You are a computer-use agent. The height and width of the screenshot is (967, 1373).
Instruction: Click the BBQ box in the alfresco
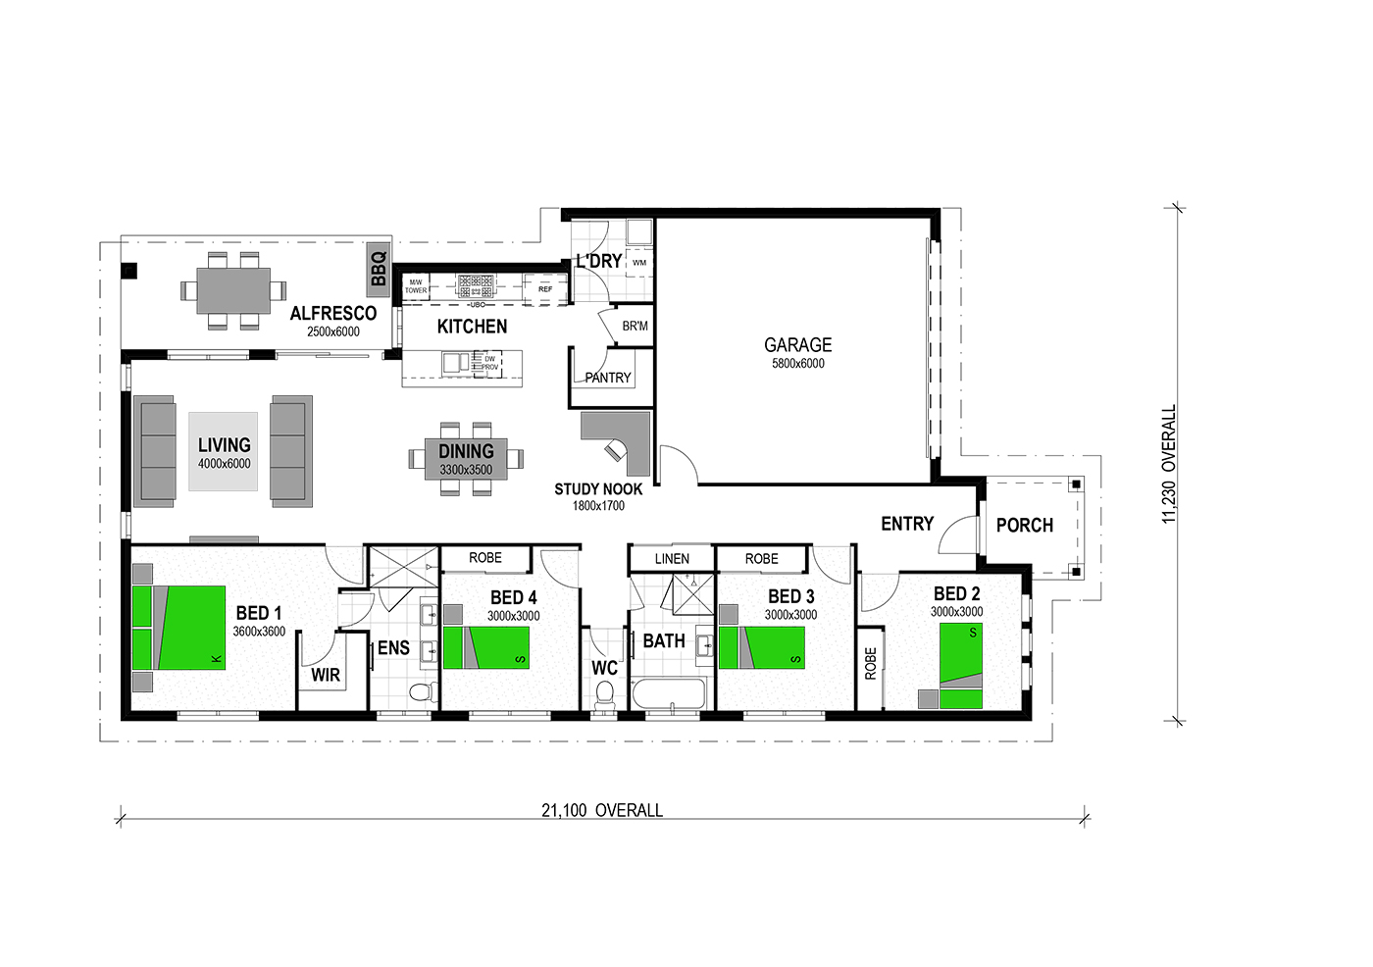pos(379,271)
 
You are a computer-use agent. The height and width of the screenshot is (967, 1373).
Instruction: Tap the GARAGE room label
pos(797,345)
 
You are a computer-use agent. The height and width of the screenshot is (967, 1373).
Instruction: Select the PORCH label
pos(1024,525)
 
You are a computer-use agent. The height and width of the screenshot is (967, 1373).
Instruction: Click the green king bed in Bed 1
pos(178,628)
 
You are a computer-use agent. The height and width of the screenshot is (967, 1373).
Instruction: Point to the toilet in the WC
pos(604,695)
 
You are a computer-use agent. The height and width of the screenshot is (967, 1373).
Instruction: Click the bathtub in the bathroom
pos(670,693)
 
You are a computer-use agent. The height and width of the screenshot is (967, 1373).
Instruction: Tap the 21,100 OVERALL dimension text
pos(602,811)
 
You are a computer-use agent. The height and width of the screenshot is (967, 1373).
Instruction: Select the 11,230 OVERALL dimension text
pos(1169,463)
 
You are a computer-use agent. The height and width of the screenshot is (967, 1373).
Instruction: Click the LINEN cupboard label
pos(672,559)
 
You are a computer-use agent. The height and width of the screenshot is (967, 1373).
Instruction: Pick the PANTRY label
pos(607,379)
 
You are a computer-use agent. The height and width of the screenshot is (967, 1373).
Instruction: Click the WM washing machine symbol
pos(639,263)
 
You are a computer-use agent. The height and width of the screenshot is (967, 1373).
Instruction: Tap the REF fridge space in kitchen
pos(545,288)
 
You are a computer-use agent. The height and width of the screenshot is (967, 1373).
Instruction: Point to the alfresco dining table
pos(233,290)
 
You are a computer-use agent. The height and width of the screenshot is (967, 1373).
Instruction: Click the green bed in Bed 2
pos(961,666)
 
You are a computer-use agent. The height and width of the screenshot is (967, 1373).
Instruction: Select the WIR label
pos(326,676)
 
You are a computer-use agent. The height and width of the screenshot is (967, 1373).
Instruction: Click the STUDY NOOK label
pos(598,489)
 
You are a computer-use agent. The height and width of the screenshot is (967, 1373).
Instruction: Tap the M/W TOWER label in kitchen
pos(416,286)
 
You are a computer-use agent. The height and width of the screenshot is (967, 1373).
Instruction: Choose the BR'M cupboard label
pos(636,326)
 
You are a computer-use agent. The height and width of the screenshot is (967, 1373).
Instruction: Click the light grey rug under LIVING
pos(224,452)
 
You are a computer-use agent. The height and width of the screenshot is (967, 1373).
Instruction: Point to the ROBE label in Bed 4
pos(485,558)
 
